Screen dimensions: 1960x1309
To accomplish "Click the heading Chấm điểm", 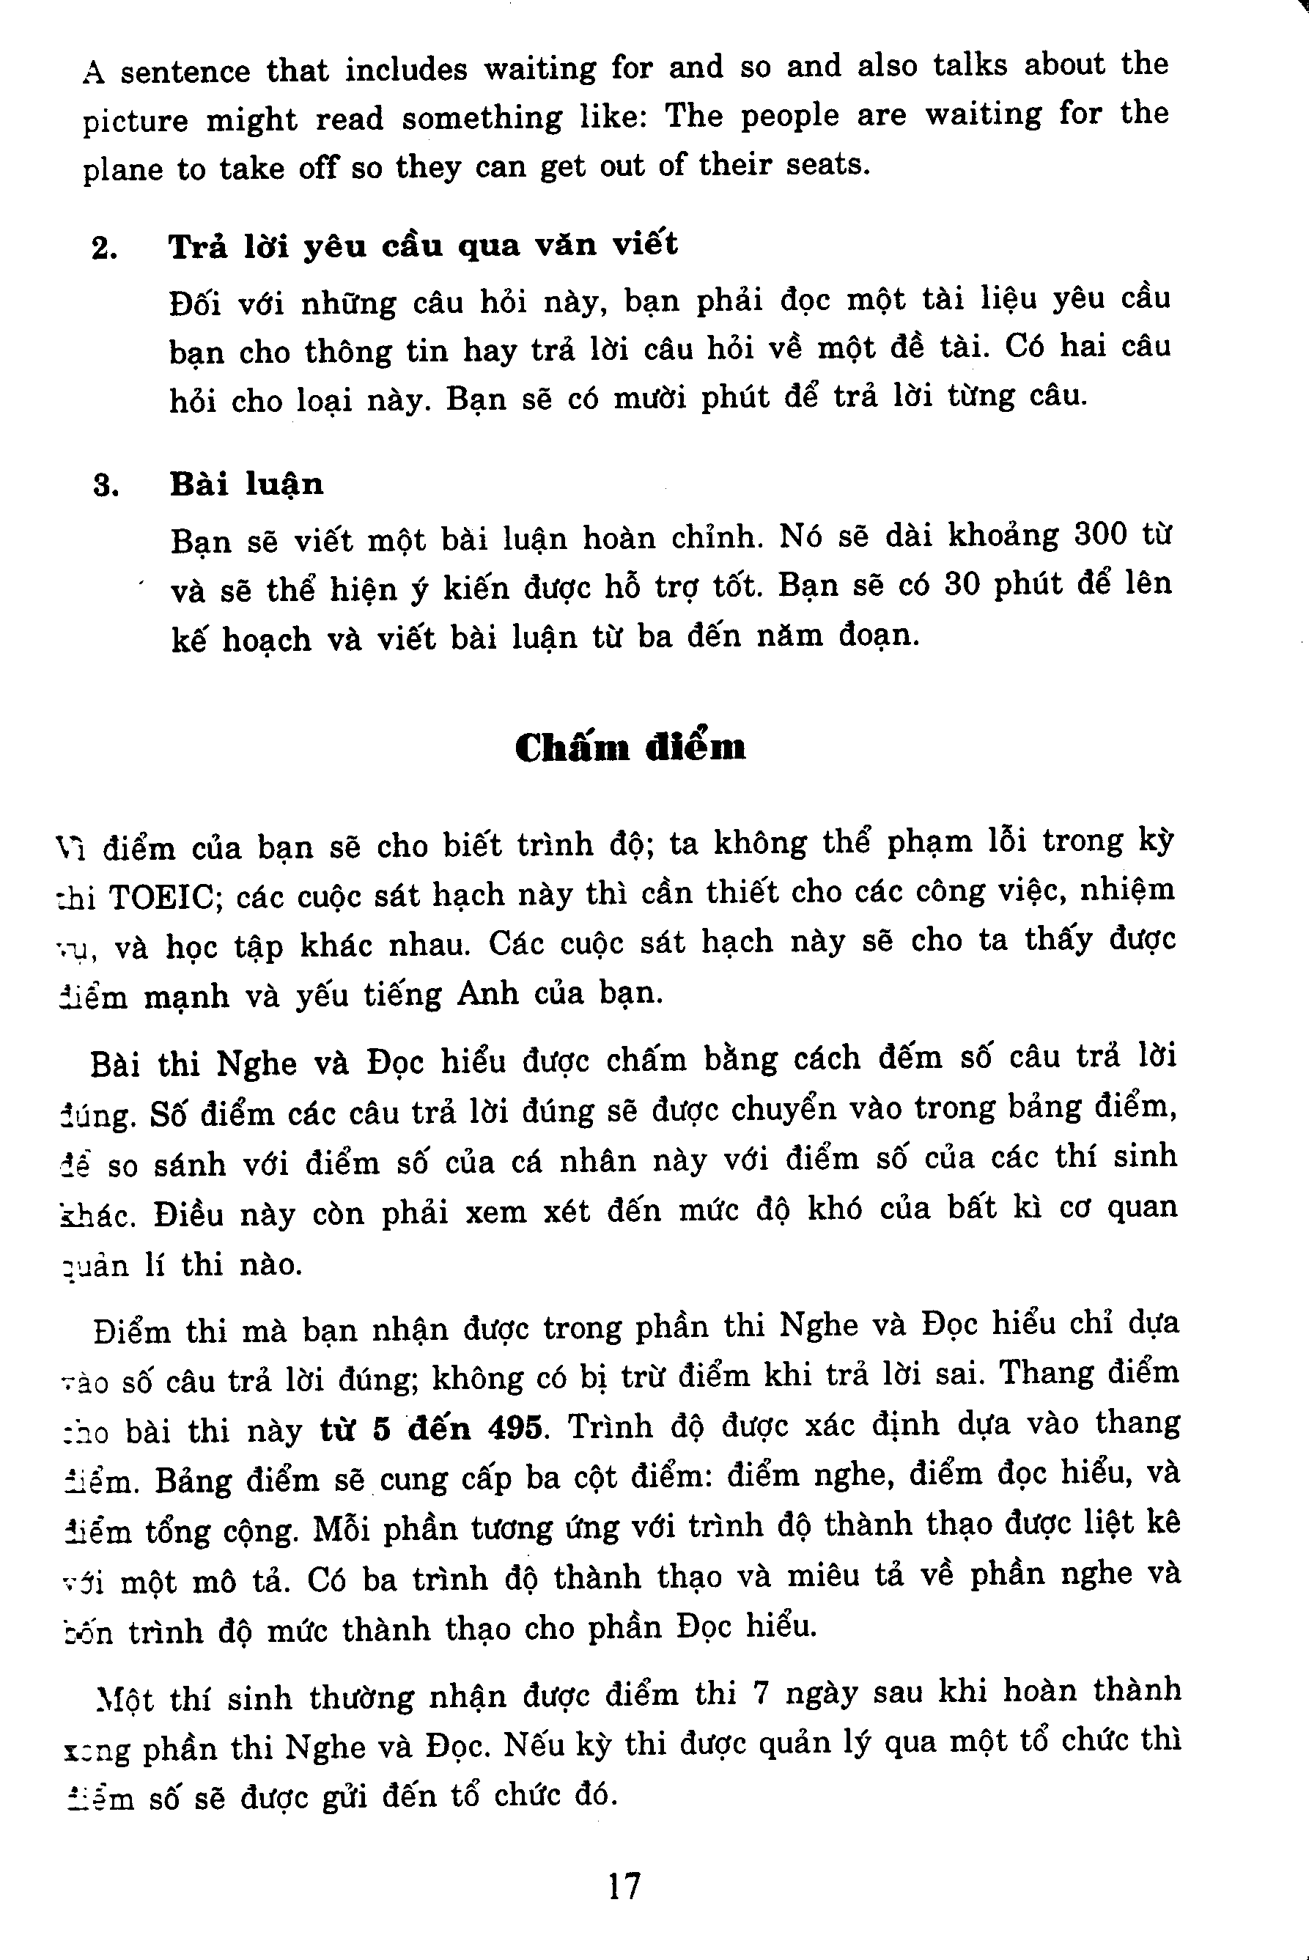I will click(630, 747).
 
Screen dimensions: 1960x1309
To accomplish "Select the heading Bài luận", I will click(246, 485).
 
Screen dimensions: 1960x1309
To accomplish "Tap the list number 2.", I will click(104, 248).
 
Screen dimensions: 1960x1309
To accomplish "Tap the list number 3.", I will click(106, 486).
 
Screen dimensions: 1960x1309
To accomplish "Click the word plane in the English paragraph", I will click(122, 169).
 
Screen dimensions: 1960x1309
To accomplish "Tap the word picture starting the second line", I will click(136, 120).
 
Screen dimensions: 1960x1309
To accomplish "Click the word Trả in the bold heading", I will click(197, 247).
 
